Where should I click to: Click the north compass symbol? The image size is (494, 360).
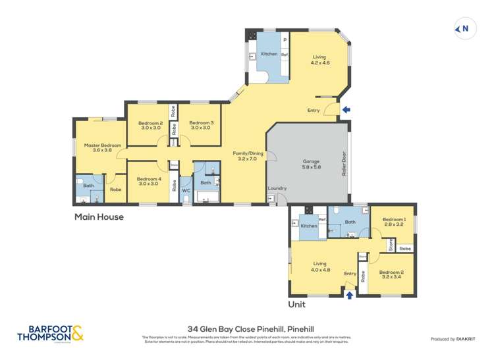click(x=464, y=28)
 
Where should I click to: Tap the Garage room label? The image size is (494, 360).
click(x=312, y=164)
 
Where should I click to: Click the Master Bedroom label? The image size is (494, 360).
click(x=102, y=147)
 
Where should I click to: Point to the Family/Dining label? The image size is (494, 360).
click(x=248, y=156)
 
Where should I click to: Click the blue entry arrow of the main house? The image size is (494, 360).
click(x=346, y=110)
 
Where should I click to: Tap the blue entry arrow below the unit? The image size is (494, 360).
click(x=349, y=296)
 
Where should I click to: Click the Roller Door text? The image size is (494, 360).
click(x=344, y=165)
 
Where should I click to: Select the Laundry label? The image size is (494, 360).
click(x=277, y=188)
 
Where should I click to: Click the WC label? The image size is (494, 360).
click(x=185, y=191)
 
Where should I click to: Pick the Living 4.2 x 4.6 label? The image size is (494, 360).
click(x=320, y=60)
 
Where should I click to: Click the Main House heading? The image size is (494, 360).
click(x=98, y=216)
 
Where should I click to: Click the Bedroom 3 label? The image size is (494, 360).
click(x=202, y=125)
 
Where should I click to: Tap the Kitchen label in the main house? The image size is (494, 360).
click(x=269, y=53)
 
